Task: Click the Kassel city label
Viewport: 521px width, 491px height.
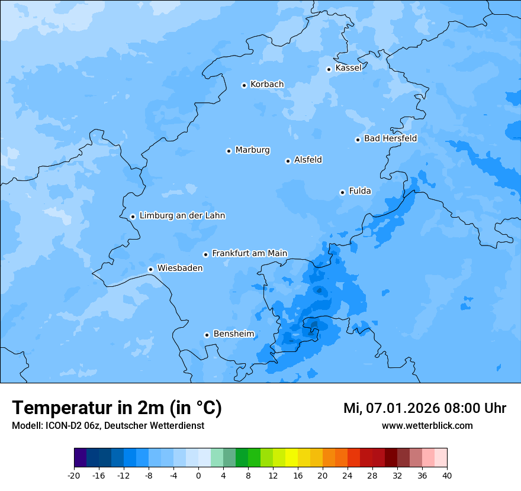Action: pyautogui.click(x=348, y=68)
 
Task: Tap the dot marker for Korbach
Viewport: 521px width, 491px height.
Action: pyautogui.click(x=244, y=85)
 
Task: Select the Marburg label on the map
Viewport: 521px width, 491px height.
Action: pyautogui.click(x=252, y=150)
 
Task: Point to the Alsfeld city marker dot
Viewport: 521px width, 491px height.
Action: pyautogui.click(x=288, y=161)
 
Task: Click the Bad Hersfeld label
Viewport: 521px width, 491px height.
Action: pyautogui.click(x=390, y=138)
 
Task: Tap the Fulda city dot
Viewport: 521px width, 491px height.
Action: pyautogui.click(x=342, y=192)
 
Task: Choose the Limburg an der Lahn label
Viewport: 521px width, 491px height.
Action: pyautogui.click(x=182, y=216)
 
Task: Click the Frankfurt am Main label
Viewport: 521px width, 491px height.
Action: pyautogui.click(x=249, y=253)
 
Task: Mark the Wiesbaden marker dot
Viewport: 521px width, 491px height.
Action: pyautogui.click(x=150, y=270)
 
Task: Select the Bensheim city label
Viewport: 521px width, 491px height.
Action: pyautogui.click(x=233, y=334)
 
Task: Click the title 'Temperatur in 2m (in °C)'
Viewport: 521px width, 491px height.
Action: pyautogui.click(x=117, y=408)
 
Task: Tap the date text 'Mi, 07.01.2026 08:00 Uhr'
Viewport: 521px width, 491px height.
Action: pyautogui.click(x=424, y=408)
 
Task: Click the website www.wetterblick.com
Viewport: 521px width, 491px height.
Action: pyautogui.click(x=427, y=425)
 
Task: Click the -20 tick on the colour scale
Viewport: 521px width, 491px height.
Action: pyautogui.click(x=74, y=475)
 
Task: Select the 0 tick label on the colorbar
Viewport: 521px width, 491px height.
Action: pyautogui.click(x=198, y=475)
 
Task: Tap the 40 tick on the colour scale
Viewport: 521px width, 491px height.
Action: pyautogui.click(x=447, y=475)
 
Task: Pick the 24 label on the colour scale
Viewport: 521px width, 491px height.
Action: pyautogui.click(x=348, y=475)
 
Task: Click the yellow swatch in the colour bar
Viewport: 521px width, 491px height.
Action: pyautogui.click(x=291, y=458)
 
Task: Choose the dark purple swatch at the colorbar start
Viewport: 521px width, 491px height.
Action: pyautogui.click(x=81, y=458)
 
